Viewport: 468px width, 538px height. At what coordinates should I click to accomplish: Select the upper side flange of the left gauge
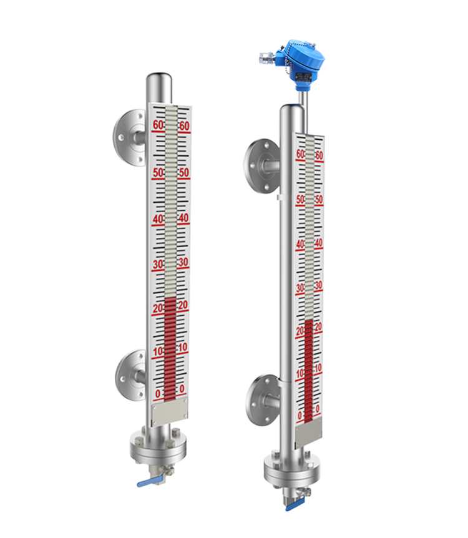tap(129, 138)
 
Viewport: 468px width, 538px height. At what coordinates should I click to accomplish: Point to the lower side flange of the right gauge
tap(263, 400)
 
